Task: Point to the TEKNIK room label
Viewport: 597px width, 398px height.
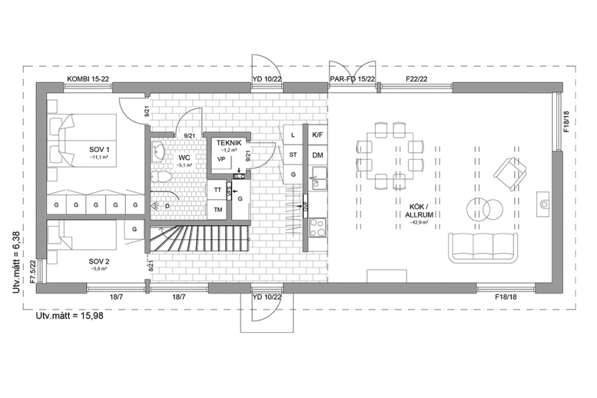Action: (x=229, y=142)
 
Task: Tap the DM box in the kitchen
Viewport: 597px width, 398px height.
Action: (x=318, y=155)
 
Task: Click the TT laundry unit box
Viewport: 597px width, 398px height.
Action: (x=218, y=189)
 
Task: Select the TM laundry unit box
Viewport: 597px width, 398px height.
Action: (x=218, y=209)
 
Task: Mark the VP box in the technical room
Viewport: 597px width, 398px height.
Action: (x=222, y=160)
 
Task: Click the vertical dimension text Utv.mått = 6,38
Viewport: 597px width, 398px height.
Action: (x=17, y=263)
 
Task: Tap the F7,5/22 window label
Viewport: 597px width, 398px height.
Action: (x=32, y=272)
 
